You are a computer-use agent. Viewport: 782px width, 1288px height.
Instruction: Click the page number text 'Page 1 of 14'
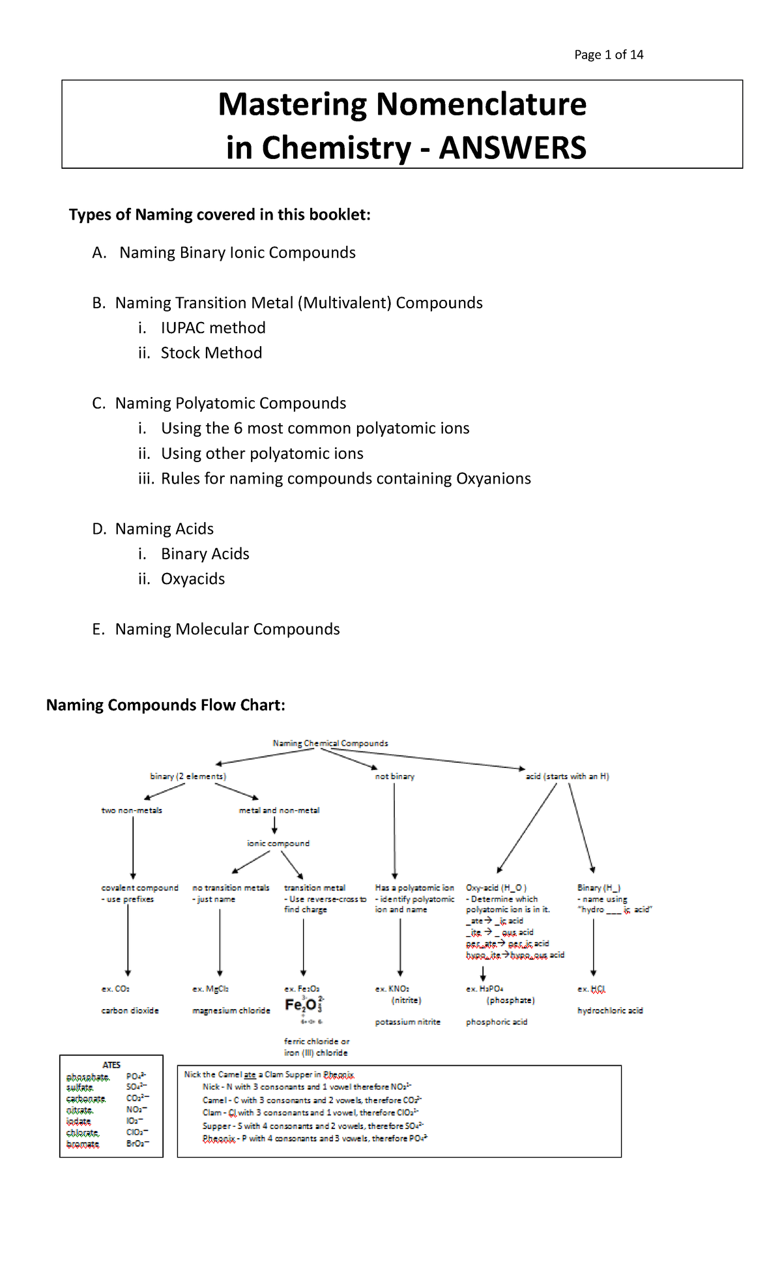point(608,55)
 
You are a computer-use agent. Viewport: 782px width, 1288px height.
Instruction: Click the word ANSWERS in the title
point(512,148)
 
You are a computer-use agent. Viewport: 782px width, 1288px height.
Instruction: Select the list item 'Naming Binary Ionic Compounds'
point(237,253)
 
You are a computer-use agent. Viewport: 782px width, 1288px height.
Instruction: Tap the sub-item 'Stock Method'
point(211,353)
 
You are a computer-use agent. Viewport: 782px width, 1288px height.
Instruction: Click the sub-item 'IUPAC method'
point(213,328)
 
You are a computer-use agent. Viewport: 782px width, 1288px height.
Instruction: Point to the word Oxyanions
point(493,479)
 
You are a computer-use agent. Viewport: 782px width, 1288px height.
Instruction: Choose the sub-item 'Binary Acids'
point(205,554)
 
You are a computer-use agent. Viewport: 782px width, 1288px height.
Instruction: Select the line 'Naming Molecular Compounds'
point(227,630)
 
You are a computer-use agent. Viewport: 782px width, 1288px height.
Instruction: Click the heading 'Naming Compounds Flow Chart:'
point(166,705)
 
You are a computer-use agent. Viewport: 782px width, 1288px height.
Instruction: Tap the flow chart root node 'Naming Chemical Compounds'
point(330,743)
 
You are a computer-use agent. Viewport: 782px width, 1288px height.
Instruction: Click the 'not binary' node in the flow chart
point(394,776)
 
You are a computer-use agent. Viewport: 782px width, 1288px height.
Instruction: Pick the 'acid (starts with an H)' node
point(567,776)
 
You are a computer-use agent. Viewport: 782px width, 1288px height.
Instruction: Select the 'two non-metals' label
point(132,810)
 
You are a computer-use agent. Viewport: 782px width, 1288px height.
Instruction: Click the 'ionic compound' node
point(278,843)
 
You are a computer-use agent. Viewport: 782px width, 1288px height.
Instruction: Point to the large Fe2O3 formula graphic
point(304,1005)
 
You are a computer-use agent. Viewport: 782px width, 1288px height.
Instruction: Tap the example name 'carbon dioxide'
point(130,1010)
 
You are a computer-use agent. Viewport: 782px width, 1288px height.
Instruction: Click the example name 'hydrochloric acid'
point(610,1010)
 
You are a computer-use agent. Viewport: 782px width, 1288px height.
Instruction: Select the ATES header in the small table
point(111,1064)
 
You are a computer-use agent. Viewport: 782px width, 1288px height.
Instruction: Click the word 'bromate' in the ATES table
point(83,1144)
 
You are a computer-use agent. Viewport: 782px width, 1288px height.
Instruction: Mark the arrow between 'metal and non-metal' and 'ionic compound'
point(274,826)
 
